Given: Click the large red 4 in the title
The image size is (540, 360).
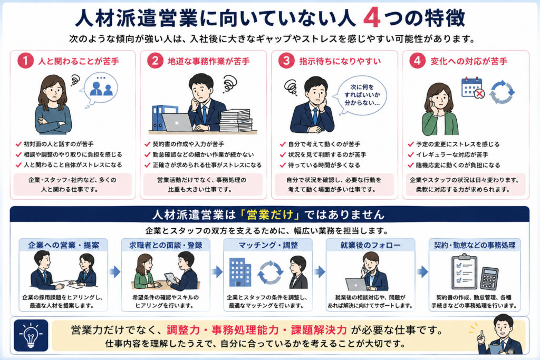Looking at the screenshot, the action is pyautogui.click(x=372, y=18).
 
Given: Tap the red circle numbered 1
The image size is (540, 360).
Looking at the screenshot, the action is pyautogui.click(x=25, y=61).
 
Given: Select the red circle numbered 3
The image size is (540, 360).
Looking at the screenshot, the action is pyautogui.click(x=286, y=61).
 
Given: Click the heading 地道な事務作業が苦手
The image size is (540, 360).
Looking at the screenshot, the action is pyautogui.click(x=208, y=61).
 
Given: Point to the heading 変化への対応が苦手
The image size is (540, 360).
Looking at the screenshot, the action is pyautogui.click(x=469, y=61).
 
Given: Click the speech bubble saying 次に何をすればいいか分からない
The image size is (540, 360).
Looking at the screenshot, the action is pyautogui.click(x=362, y=95).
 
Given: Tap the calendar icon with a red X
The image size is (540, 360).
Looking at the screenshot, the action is pyautogui.click(x=472, y=89).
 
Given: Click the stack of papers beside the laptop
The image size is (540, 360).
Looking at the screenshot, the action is pyautogui.click(x=236, y=121).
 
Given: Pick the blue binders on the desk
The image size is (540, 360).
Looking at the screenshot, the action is pyautogui.click(x=160, y=118).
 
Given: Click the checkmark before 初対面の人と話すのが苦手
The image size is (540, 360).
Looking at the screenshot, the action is pyautogui.click(x=18, y=144).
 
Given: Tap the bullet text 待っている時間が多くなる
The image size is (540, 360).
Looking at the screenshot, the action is pyautogui.click(x=324, y=165).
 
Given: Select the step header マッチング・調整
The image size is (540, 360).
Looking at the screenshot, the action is pyautogui.click(x=268, y=245).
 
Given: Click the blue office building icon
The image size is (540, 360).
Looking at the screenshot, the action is pyautogui.click(x=240, y=272).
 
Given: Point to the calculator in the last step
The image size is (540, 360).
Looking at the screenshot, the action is pyautogui.click(x=489, y=278).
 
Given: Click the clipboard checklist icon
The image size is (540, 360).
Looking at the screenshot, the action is pyautogui.click(x=464, y=271).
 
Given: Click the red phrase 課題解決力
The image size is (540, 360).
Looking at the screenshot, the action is pyautogui.click(x=319, y=330).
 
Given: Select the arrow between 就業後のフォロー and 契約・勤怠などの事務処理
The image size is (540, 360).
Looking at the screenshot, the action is pyautogui.click(x=422, y=271).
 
